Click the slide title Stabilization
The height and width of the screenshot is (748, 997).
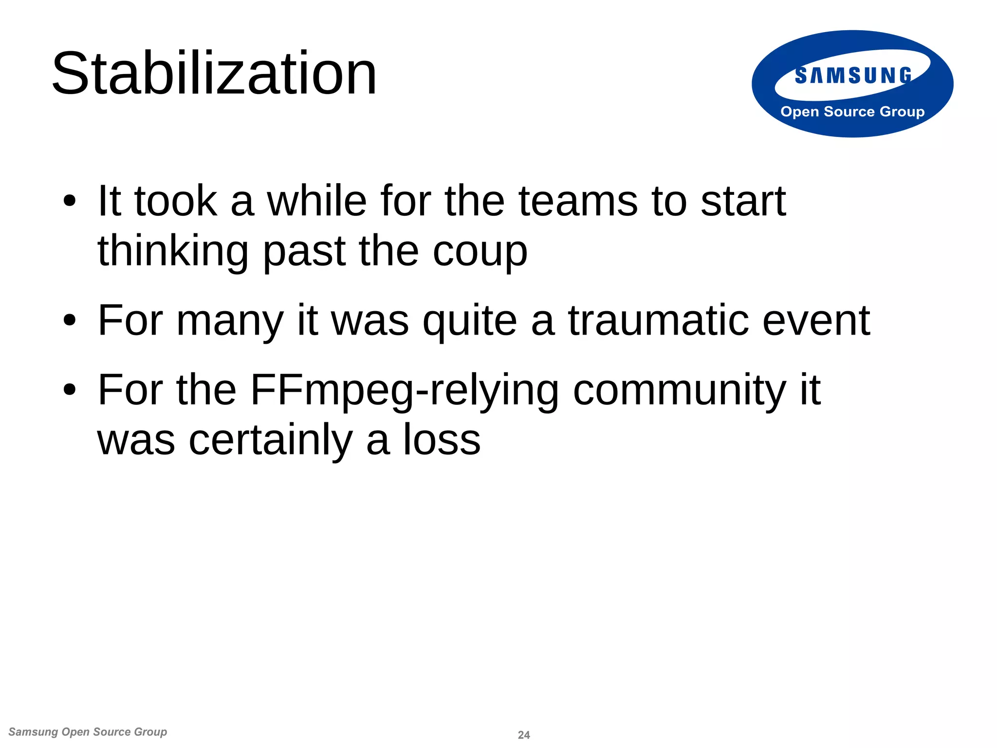point(214,74)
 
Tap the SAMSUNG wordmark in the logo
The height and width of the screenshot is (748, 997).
point(853,76)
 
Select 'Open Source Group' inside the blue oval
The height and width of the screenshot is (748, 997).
point(852,112)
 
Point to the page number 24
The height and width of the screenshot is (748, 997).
point(524,735)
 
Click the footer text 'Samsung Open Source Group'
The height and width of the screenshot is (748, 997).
point(88,732)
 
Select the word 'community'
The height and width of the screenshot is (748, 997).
point(680,391)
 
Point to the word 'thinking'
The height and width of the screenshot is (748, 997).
point(173,252)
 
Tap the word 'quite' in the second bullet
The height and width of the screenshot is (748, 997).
point(470,321)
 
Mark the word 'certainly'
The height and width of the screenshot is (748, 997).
point(271,441)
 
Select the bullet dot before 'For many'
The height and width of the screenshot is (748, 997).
point(70,320)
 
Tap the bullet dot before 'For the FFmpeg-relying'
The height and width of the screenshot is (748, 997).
point(70,390)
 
